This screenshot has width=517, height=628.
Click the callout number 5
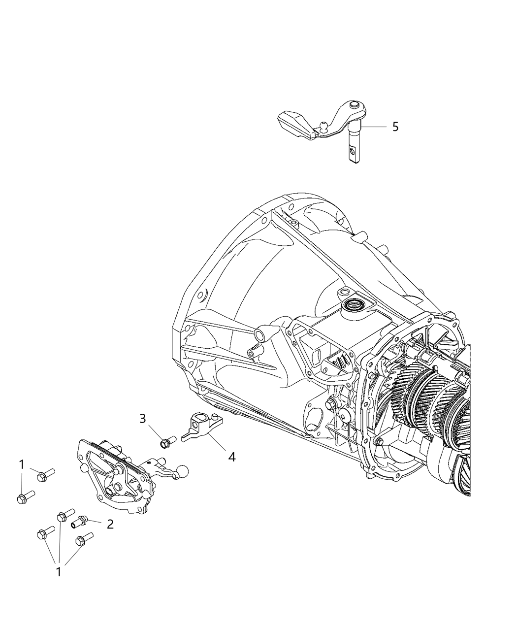click(x=395, y=127)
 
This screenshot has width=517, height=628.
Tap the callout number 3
click(x=143, y=418)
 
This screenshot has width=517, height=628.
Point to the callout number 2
click(x=110, y=525)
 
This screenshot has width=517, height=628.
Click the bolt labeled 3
click(x=167, y=441)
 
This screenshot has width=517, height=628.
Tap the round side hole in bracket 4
click(x=195, y=425)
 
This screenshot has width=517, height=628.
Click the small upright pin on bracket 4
click(x=215, y=417)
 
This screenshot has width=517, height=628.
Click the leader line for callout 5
click(x=374, y=127)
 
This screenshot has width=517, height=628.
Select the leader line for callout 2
click(x=95, y=523)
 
